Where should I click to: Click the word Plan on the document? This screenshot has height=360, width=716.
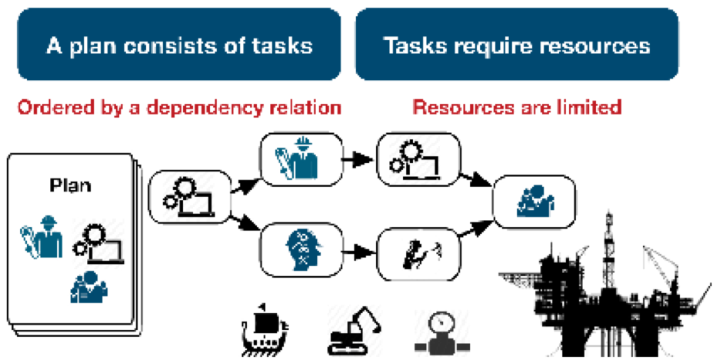70,186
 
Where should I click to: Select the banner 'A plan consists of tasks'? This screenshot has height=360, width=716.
179,45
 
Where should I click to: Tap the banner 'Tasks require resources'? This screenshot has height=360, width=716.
516,45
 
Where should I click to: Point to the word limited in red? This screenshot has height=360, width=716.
585,107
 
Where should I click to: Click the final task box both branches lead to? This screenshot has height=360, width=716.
535,202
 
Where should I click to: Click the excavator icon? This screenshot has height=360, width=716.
353,332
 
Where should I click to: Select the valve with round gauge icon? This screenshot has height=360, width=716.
439,332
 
